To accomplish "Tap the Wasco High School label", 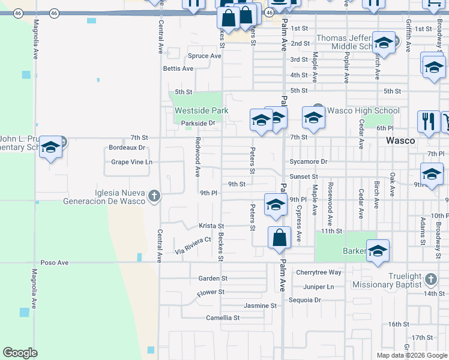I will point(363,110).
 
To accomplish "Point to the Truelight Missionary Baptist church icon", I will point(430,280).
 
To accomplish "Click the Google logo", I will point(20,352).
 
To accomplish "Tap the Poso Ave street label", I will point(55,263).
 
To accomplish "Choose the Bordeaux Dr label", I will point(127,148).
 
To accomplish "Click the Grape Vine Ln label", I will point(132,162).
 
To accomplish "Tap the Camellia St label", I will point(223,317).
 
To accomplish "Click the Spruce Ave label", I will point(205,56).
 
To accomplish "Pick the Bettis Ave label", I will point(178,68).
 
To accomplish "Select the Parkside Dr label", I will point(198,123).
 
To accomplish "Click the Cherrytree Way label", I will point(319,272).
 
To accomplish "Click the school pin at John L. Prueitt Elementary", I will point(51,147).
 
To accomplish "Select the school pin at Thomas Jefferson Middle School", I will point(384,43).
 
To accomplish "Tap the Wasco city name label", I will point(400,140).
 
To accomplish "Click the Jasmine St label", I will point(260,305).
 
